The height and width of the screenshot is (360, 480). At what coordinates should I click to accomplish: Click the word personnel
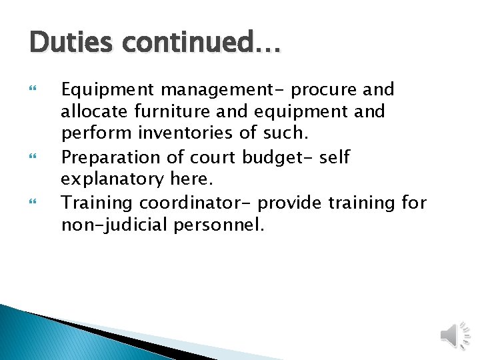[x=219, y=225]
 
